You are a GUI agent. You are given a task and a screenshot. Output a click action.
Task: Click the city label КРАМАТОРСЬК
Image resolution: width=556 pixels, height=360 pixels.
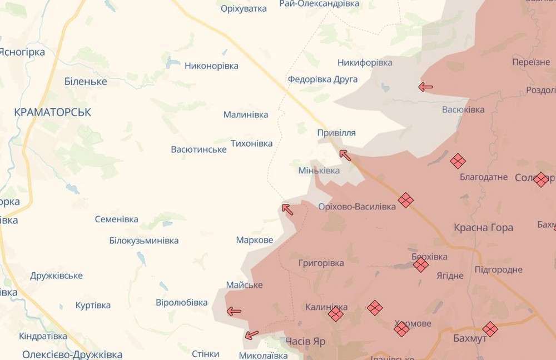pos(52,112)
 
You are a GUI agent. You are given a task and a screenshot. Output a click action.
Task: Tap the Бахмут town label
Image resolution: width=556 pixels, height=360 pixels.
pos(454,338)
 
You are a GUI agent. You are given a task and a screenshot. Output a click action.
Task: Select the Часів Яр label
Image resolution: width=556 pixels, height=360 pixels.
pos(305,342)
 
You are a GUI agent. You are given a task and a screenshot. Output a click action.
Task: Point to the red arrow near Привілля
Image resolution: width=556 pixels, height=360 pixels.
pos(345,155)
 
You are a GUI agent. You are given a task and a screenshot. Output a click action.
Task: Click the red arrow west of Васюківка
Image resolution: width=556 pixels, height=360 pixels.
pos(426,87)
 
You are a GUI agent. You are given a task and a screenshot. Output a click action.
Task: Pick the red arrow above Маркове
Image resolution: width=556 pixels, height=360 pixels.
pos(287,209)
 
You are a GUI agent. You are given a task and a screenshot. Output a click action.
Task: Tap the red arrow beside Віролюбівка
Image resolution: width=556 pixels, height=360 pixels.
pos(234,311)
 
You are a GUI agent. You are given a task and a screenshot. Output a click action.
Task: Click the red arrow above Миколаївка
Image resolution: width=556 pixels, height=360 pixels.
pos(252,335)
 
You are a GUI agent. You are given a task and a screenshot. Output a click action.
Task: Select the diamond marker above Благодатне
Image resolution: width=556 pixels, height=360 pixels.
pos(458,161)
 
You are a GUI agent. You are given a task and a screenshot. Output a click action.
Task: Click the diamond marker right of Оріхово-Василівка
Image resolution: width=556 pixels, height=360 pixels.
pos(405,200)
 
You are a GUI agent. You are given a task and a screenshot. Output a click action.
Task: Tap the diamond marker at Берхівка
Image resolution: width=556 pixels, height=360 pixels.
pos(421,264)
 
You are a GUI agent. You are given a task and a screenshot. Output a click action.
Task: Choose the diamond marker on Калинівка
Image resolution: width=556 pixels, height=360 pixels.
pos(335,314)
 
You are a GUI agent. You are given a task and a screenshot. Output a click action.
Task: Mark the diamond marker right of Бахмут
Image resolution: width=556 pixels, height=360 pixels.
pos(490,329)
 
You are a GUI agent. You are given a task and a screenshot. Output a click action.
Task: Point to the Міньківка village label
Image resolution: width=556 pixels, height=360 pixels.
pos(319,171)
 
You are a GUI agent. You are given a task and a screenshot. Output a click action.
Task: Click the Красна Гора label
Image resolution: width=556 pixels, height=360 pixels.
pos(483,228)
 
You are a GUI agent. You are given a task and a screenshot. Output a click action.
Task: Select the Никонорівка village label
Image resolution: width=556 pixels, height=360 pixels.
pos(211,66)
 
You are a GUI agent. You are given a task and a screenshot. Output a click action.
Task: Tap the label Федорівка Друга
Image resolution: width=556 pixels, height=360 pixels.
pos(322,79)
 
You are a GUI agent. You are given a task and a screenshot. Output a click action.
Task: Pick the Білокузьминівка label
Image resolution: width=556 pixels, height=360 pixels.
pos(144,241)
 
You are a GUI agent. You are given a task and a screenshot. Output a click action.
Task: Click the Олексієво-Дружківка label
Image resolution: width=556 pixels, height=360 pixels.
pos(72,354)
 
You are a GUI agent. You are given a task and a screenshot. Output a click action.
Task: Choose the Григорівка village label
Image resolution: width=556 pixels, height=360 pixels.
pos(321,263)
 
